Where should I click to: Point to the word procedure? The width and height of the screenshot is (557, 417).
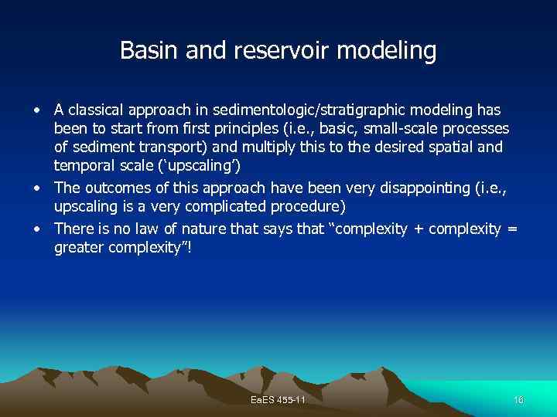[306, 207]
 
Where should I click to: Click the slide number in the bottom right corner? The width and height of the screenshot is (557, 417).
[518, 399]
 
